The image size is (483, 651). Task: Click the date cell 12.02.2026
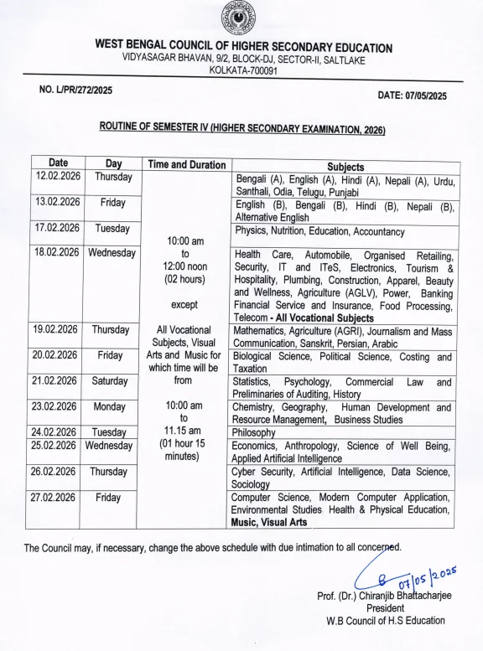click(58, 177)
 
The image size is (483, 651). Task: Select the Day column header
click(113, 163)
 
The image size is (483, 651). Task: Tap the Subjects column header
click(345, 167)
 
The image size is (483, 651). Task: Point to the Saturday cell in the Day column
click(110, 381)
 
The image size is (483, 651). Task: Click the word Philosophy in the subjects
click(258, 433)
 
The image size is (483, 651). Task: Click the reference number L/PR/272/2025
click(75, 90)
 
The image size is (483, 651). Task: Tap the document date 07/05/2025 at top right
click(412, 96)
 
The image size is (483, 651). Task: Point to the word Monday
click(110, 406)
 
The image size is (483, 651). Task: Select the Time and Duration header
click(185, 165)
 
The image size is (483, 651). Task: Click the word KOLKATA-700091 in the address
click(243, 71)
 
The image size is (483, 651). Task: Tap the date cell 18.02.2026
click(57, 252)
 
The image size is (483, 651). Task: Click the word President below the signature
click(385, 608)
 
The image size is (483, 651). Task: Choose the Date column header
click(58, 163)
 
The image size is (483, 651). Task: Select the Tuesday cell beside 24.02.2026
click(110, 432)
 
